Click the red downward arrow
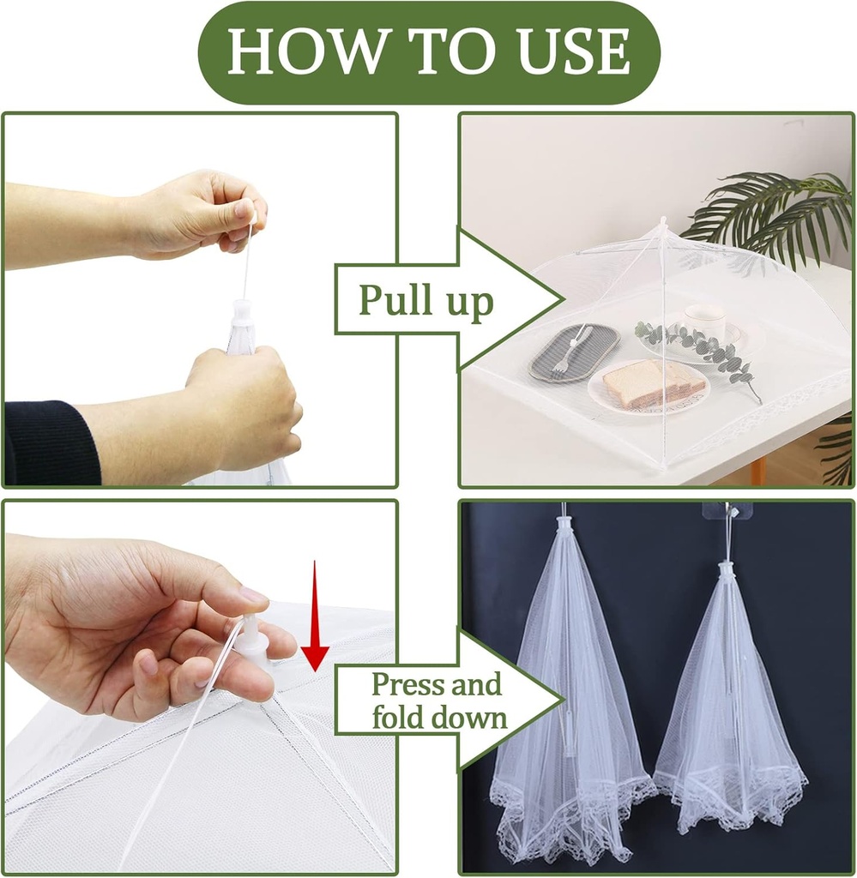315,617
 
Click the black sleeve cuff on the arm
51,443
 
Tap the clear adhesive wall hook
727,511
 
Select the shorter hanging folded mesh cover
729,712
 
